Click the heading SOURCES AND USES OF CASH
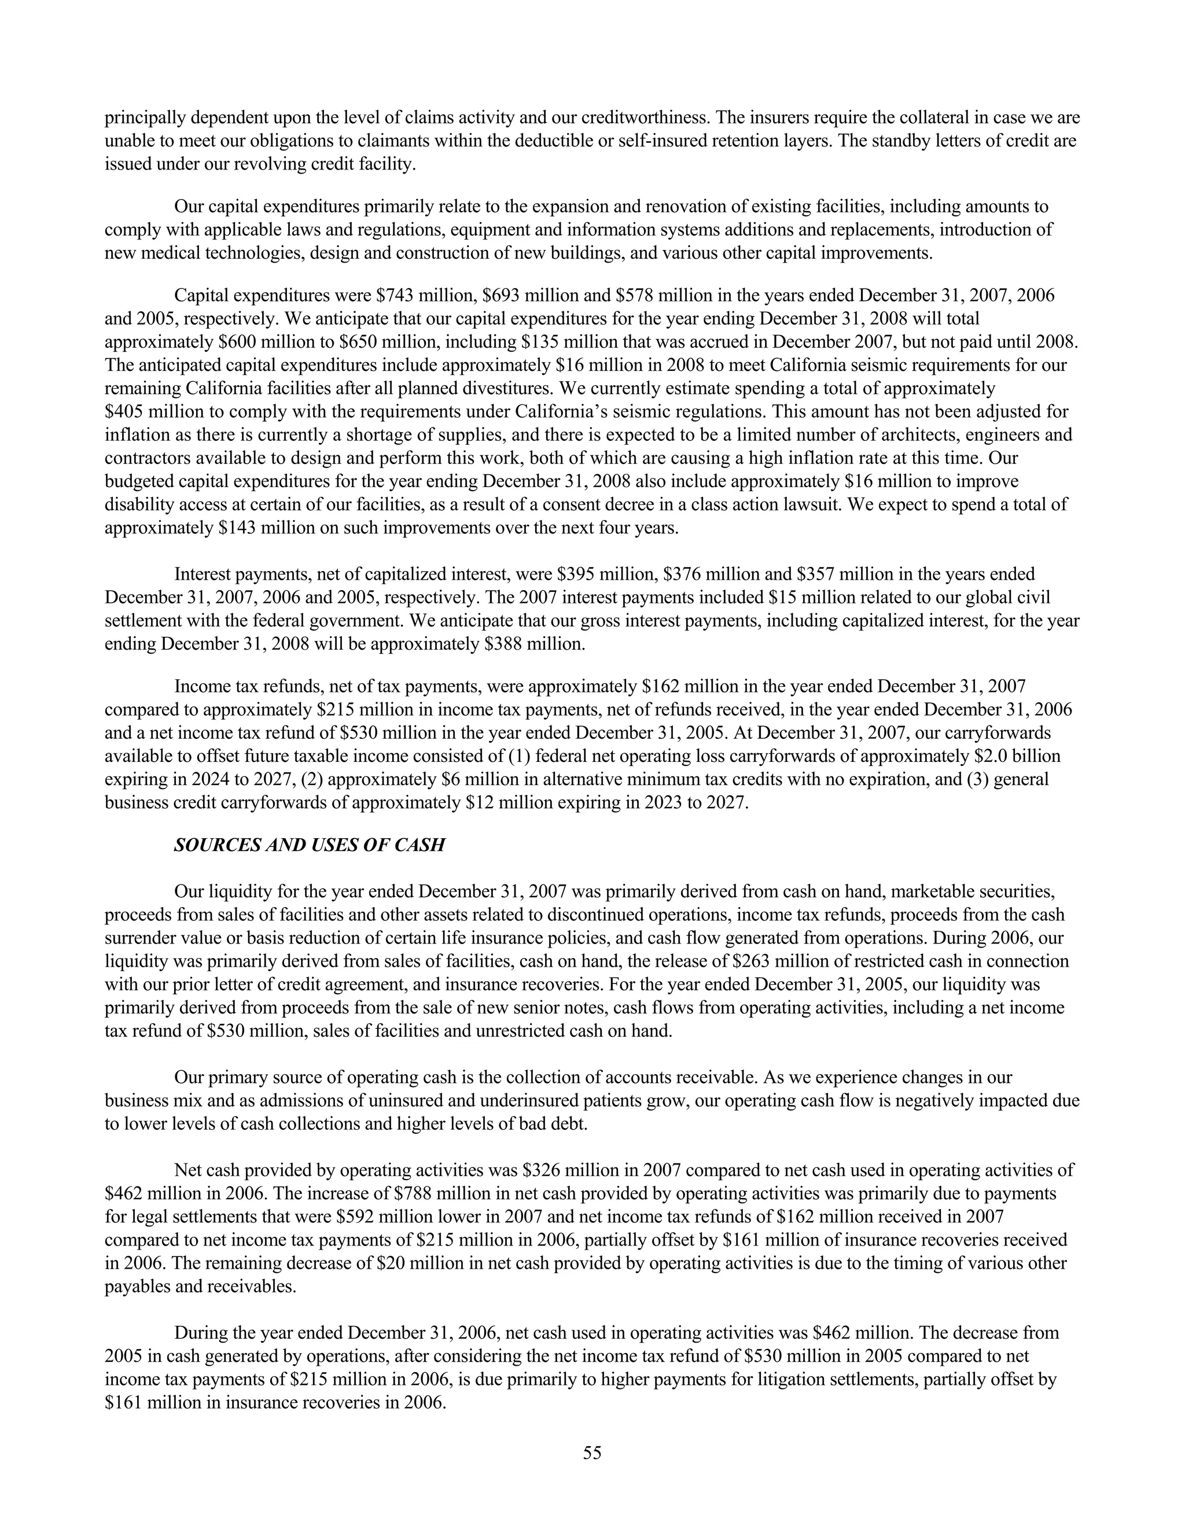click(309, 845)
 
